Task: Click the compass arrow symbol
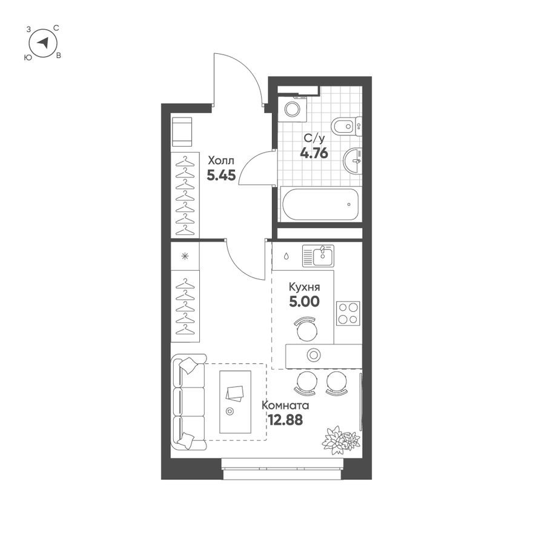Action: pyautogui.click(x=42, y=43)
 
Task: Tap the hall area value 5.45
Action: pyautogui.click(x=220, y=176)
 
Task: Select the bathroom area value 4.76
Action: pyautogui.click(x=314, y=153)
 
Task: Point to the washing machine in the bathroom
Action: pyautogui.click(x=293, y=109)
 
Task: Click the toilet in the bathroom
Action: pyautogui.click(x=346, y=126)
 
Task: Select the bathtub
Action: pyautogui.click(x=320, y=204)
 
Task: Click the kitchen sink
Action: pyautogui.click(x=318, y=256)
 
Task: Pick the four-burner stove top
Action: pyautogui.click(x=348, y=313)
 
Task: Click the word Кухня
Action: pyautogui.click(x=304, y=288)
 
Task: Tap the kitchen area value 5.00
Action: pyautogui.click(x=304, y=301)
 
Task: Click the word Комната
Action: pyautogui.click(x=285, y=405)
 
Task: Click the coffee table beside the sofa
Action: pyautogui.click(x=235, y=401)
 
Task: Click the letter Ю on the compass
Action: pyautogui.click(x=27, y=57)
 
